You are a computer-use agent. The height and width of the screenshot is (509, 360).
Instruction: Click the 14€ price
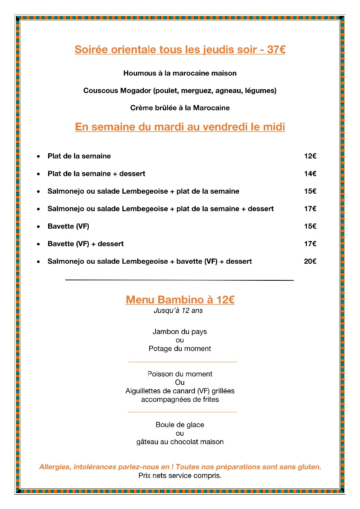[x=310, y=174]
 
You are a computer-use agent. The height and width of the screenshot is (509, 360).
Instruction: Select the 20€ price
[x=310, y=262]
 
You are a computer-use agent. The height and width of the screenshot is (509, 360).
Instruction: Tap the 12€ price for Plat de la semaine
[x=310, y=156]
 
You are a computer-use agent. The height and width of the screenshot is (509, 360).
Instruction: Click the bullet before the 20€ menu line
[x=38, y=262]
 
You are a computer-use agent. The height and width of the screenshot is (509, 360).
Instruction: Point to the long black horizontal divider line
[x=179, y=280]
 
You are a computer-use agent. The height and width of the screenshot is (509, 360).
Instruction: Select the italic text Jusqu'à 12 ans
[x=178, y=311]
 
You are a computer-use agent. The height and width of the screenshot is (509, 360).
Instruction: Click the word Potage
[x=160, y=349]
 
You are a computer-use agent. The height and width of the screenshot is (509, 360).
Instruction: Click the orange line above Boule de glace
[x=182, y=412]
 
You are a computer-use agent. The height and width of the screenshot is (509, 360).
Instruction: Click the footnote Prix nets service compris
[x=180, y=476]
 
